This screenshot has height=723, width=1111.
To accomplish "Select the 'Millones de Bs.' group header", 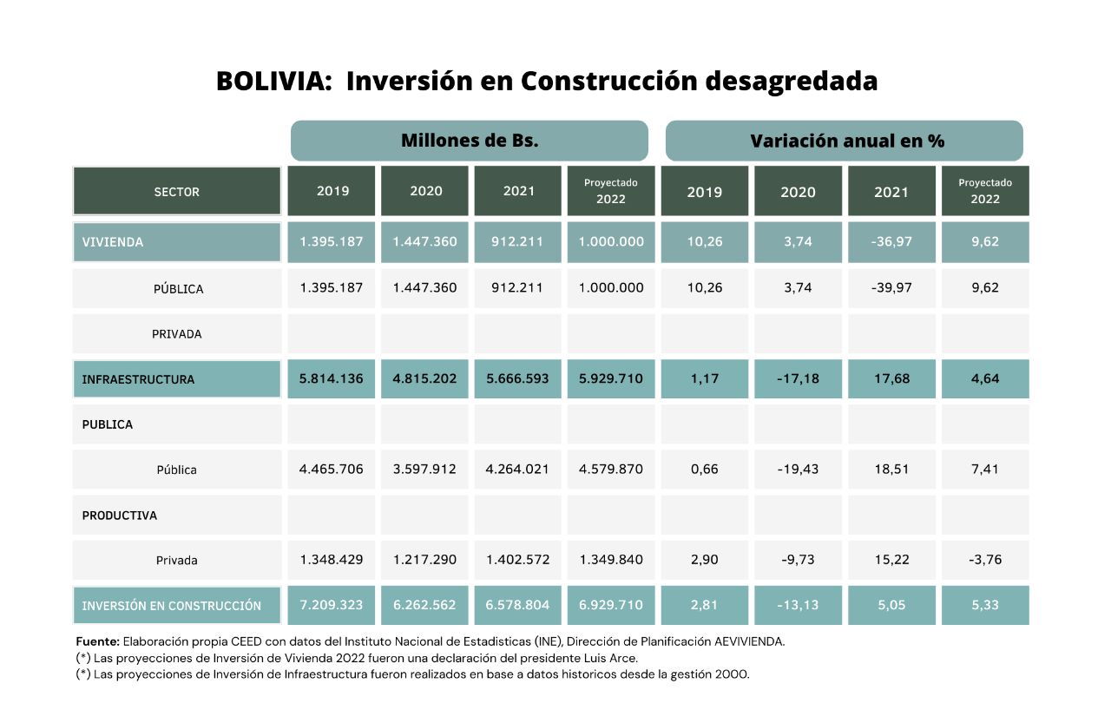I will (x=469, y=141).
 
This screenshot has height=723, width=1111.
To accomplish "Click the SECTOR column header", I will (x=176, y=192).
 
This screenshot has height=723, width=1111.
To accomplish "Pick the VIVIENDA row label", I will (x=113, y=242).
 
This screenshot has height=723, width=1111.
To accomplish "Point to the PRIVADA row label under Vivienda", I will (x=177, y=334).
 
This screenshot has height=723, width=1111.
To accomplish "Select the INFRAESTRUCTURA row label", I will (x=138, y=379).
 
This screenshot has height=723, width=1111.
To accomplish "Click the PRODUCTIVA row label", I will (x=120, y=516).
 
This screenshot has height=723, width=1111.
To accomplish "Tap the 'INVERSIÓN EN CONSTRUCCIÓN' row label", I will (x=171, y=606).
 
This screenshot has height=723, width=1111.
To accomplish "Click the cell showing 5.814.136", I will (x=332, y=379).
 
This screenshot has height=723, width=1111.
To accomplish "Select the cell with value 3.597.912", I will (x=424, y=470).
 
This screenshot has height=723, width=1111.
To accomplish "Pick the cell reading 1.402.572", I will (x=518, y=560).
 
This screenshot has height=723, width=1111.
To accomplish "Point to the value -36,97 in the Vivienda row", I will (x=891, y=242).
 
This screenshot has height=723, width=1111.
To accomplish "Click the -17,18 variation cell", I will (x=798, y=379).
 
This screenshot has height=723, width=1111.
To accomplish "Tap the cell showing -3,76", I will (x=985, y=560).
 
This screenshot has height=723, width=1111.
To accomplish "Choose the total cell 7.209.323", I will (x=332, y=605).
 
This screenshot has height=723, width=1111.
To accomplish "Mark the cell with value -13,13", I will (x=798, y=605).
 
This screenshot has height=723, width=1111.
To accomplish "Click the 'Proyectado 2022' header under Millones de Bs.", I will (x=610, y=191).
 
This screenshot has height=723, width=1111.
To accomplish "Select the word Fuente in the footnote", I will (x=97, y=641).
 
